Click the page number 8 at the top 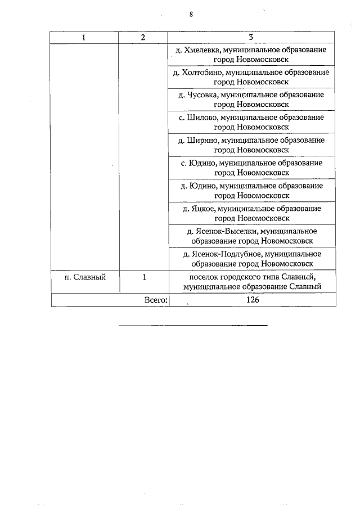[191, 15]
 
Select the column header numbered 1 [84, 37]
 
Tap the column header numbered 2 [143, 37]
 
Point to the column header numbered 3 [251, 37]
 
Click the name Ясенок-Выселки [222, 231]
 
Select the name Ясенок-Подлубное [225, 254]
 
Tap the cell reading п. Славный [84, 277]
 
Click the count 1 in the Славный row [144, 277]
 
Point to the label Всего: [156, 300]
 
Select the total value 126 [252, 300]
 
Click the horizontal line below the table [193, 326]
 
